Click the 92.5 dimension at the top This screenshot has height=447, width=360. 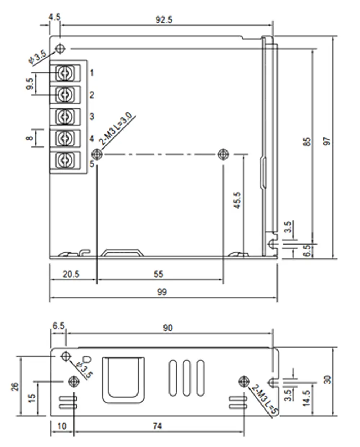click(x=164, y=19)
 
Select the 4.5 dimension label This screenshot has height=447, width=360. click(x=54, y=17)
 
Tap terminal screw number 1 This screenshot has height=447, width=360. click(x=65, y=73)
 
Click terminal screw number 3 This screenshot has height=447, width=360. click(x=65, y=116)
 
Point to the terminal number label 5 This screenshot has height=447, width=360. click(x=92, y=164)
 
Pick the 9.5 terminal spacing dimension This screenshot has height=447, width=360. click(x=31, y=84)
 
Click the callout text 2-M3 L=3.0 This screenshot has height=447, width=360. click(x=116, y=129)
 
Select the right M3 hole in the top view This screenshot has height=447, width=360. click(x=223, y=154)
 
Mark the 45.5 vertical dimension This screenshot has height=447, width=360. click(x=237, y=200)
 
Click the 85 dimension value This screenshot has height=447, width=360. click(x=307, y=141)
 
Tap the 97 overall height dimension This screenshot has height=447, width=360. click(x=327, y=141)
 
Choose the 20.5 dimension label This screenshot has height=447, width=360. click(x=71, y=274)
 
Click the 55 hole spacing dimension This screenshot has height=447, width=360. click(x=158, y=274)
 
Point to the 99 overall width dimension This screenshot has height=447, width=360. click(x=162, y=292)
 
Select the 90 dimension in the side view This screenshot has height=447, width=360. click(x=168, y=328)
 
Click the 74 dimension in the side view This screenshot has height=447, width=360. click(x=157, y=426)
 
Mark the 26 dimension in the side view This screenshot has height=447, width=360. click(x=15, y=387)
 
